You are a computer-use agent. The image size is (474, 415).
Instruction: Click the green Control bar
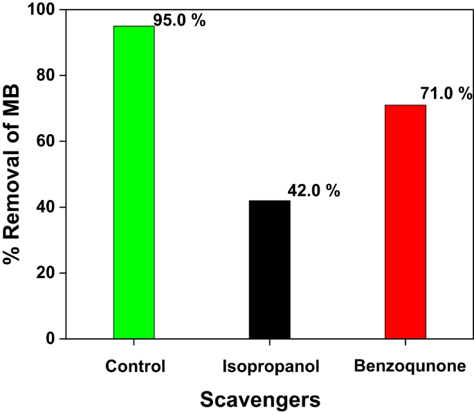click(x=134, y=183)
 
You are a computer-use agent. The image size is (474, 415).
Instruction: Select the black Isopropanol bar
click(x=269, y=270)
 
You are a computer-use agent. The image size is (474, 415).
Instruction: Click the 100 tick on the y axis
click(x=38, y=10)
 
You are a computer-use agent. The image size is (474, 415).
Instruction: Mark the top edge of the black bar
click(x=269, y=201)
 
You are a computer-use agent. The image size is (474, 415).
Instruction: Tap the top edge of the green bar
click(x=134, y=26)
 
